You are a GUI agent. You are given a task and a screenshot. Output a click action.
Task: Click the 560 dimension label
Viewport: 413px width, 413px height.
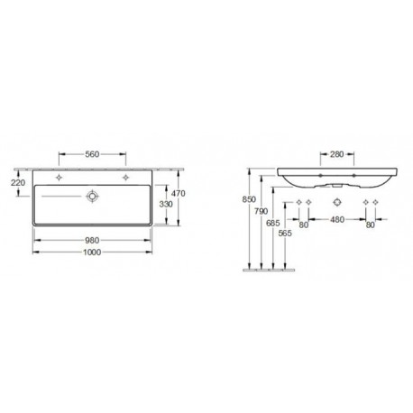point(92,154)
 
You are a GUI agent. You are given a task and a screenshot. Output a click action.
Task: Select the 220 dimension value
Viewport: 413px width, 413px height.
point(18,182)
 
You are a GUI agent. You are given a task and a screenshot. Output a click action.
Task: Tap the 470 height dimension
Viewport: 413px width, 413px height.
point(179,194)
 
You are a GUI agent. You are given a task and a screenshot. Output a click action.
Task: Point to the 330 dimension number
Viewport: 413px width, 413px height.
point(166,204)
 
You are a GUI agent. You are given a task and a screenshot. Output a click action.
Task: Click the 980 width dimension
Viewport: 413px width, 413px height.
point(92,241)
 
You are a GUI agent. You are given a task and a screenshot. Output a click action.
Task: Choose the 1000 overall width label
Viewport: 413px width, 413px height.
point(92,252)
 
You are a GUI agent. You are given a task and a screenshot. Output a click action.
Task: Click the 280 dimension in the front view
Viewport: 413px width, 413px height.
point(336,154)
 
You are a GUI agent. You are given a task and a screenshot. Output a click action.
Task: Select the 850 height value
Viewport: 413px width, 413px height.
point(249,199)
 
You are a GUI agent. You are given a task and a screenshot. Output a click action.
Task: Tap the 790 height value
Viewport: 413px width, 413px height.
point(261,211)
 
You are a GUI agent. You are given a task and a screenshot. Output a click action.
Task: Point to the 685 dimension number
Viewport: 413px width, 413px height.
point(273,223)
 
